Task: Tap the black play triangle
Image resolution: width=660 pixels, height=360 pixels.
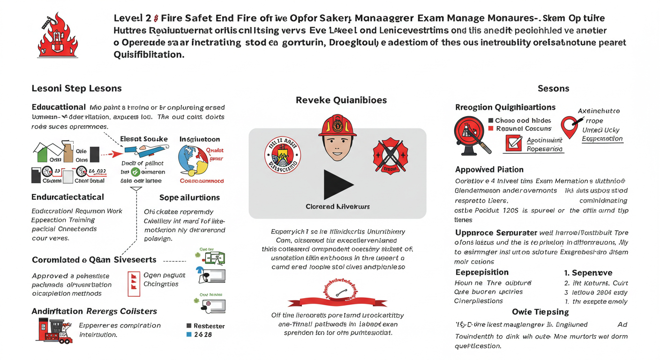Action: [338, 185]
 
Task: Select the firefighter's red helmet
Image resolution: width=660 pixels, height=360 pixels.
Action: [337, 125]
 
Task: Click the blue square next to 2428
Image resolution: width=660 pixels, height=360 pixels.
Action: [189, 335]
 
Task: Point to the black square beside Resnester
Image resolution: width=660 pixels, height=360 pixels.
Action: [189, 326]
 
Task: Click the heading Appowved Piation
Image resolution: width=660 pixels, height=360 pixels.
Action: [489, 169]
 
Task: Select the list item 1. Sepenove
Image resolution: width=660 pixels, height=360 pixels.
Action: [588, 273]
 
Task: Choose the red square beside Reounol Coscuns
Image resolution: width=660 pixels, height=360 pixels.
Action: [491, 128]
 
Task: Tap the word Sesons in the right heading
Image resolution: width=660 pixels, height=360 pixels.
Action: [554, 88]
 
